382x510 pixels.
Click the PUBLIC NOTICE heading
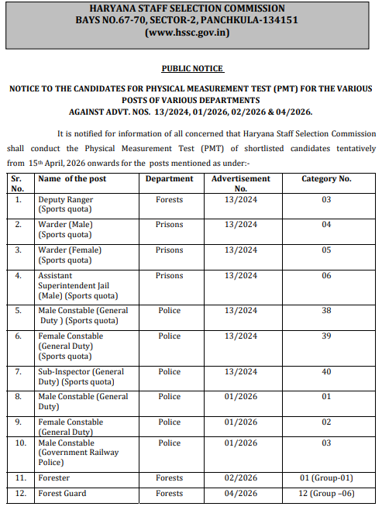pyautogui.click(x=192, y=69)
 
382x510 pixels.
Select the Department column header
pyautogui.click(x=170, y=179)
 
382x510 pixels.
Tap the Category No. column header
pyautogui.click(x=326, y=179)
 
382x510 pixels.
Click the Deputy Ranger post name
pyautogui.click(x=66, y=200)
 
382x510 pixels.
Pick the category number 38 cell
pyautogui.click(x=326, y=311)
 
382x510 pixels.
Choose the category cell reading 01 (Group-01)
pyautogui.click(x=326, y=478)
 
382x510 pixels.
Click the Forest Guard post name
pyautogui.click(x=63, y=494)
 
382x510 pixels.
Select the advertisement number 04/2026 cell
pyautogui.click(x=241, y=494)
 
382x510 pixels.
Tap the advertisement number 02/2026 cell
pyautogui.click(x=241, y=478)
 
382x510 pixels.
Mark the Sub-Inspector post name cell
pyautogui.click(x=81, y=377)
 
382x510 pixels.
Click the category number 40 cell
pyautogui.click(x=326, y=372)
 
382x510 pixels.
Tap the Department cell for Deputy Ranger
pyautogui.click(x=170, y=200)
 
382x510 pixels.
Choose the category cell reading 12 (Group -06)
pyautogui.click(x=326, y=494)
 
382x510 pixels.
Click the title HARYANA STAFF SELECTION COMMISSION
pyautogui.click(x=192, y=8)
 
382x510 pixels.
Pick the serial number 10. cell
pyautogui.click(x=20, y=443)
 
